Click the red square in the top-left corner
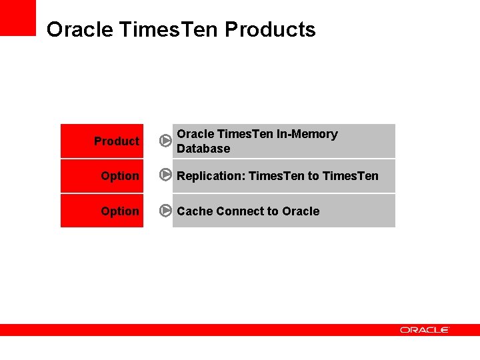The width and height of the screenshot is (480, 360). click(x=17, y=17)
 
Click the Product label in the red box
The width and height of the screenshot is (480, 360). click(x=116, y=141)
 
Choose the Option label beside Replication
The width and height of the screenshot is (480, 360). click(x=120, y=176)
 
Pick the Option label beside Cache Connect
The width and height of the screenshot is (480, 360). click(x=120, y=211)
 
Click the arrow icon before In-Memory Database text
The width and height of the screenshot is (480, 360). click(x=166, y=141)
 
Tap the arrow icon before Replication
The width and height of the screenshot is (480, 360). click(x=166, y=176)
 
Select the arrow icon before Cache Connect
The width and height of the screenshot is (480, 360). click(x=166, y=211)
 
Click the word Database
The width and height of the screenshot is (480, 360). click(x=203, y=149)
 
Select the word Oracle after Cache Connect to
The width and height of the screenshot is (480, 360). click(x=301, y=211)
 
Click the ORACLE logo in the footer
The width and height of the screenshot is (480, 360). click(x=425, y=330)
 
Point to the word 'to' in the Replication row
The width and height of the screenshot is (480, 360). click(x=313, y=176)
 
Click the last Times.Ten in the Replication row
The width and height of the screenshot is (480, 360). click(x=350, y=176)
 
